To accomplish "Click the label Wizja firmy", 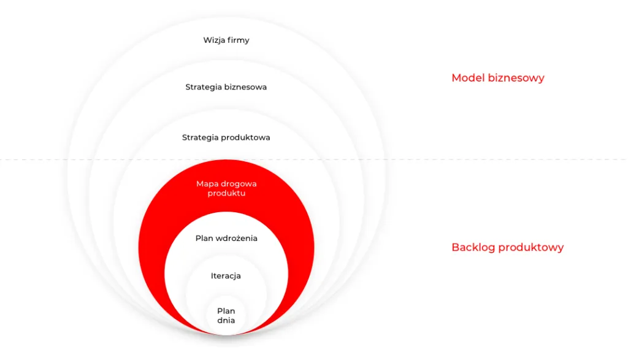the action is coord(226,40).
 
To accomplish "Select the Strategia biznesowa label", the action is coord(226,87).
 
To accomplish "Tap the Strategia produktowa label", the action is coord(226,138).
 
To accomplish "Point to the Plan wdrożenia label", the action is coord(226,239).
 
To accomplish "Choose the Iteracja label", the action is coord(226,276).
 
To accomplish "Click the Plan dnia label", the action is coord(226,316).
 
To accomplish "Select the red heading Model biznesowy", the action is coord(498,78).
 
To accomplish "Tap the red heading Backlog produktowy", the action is coord(507,248).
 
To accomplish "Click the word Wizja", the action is coord(214,40).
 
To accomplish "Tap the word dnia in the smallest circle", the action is coord(226,320).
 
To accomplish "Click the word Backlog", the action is coord(473,248).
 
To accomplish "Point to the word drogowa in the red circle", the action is coord(238,184).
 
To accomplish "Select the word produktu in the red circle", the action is coord(226,193).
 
